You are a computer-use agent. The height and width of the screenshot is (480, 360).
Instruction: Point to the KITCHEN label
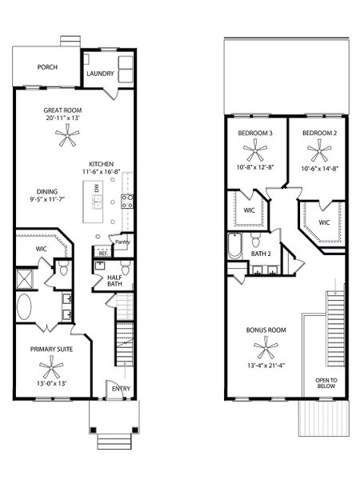(104, 162)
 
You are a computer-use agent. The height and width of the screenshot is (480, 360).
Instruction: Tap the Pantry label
(122, 242)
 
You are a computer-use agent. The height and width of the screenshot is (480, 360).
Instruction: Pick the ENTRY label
(121, 390)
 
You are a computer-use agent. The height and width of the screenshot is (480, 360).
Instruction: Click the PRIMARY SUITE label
(53, 349)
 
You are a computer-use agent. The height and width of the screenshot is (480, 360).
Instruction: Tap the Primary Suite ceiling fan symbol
(53, 369)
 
